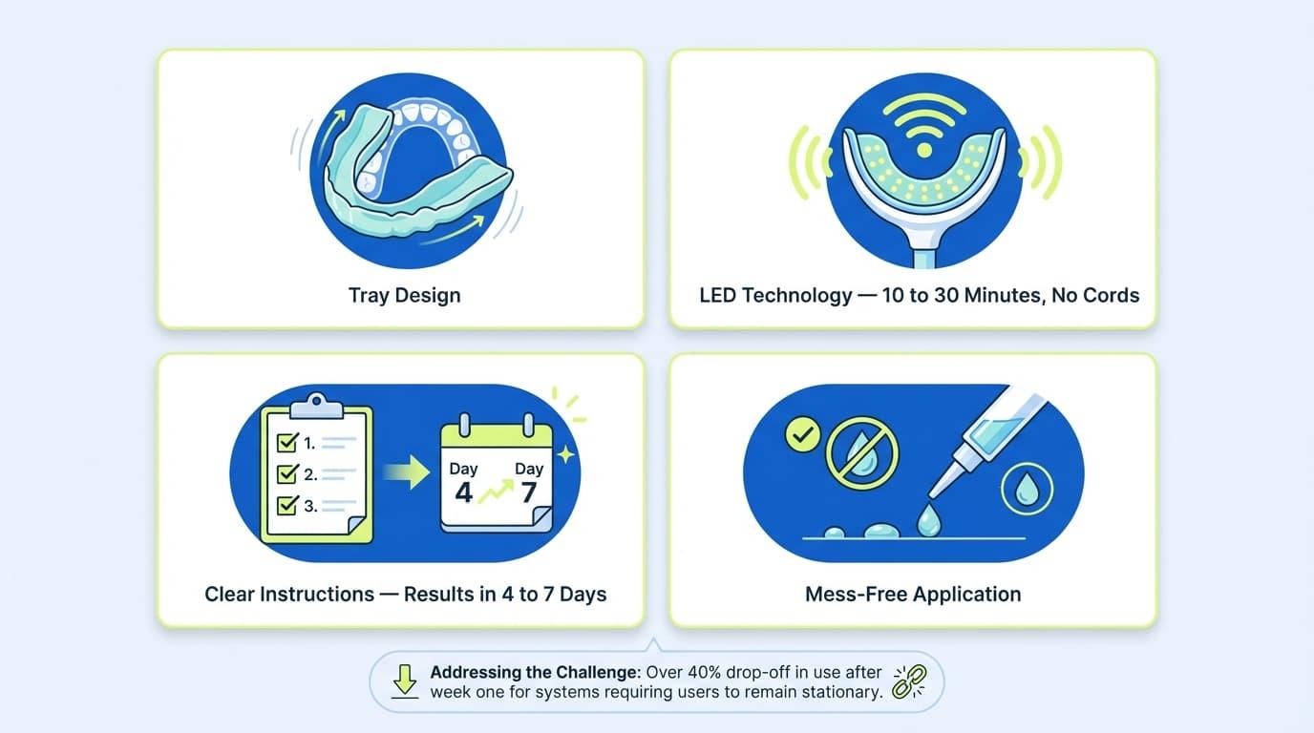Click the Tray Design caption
pos(404,295)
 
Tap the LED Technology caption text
pos(919,295)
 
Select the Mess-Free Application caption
pos(913,594)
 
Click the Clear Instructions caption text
pos(405,594)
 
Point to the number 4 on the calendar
pos(463,492)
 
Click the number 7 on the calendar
pos(528,492)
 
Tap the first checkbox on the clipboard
pos(286,443)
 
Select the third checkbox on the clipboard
pos(286,506)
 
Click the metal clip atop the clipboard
pos(316,406)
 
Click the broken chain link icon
pos(902,681)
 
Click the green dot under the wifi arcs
pos(922,150)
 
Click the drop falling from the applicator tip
pos(926,520)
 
